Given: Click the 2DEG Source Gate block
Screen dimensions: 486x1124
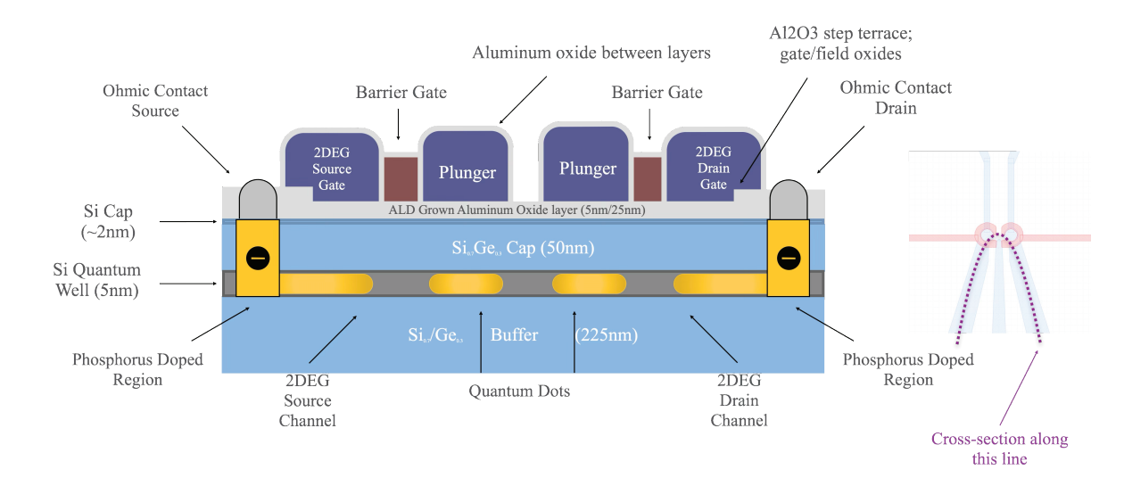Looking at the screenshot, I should [x=331, y=167].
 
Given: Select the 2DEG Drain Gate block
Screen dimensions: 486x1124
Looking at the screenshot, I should [x=713, y=166].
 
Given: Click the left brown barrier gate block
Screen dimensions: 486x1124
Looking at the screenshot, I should [x=401, y=178].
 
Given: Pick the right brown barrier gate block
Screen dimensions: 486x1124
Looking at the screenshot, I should [x=647, y=178].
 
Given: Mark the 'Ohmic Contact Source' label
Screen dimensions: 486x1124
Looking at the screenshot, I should [x=155, y=101].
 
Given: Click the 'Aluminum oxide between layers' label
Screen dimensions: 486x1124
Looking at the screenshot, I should [x=591, y=53].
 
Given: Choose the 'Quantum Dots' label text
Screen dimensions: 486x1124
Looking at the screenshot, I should [x=519, y=391].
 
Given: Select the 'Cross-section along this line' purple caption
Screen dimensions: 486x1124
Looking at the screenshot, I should [x=999, y=449].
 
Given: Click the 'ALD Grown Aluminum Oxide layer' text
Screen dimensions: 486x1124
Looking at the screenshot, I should [x=517, y=210].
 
